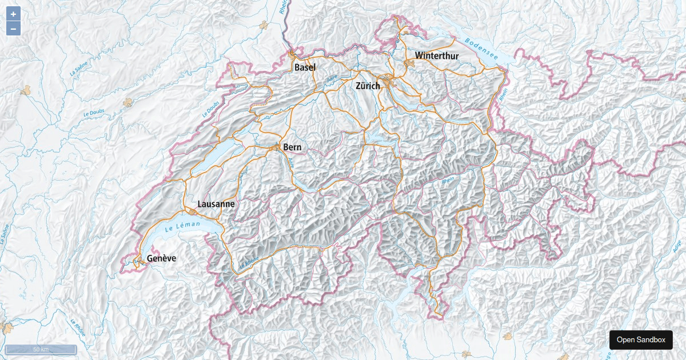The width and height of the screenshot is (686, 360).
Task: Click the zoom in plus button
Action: click(x=13, y=14)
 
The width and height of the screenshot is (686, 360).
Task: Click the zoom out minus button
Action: click(x=13, y=28)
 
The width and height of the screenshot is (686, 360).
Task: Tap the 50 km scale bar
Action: click(x=41, y=349)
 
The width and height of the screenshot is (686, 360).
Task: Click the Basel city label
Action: click(x=305, y=67)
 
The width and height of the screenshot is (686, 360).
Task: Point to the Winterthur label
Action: click(x=437, y=56)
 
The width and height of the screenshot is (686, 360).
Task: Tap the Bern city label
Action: click(x=292, y=147)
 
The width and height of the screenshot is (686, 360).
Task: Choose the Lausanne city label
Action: click(x=216, y=204)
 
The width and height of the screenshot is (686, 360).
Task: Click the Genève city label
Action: click(x=161, y=258)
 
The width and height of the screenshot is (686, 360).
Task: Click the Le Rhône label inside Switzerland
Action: click(x=249, y=263)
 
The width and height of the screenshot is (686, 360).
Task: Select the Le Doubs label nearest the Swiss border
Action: click(x=210, y=109)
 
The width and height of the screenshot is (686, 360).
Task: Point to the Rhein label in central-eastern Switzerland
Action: click(x=448, y=180)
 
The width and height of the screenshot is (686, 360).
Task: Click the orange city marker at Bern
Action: click(x=277, y=147)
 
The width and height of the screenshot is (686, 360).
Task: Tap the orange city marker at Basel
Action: click(x=293, y=55)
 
